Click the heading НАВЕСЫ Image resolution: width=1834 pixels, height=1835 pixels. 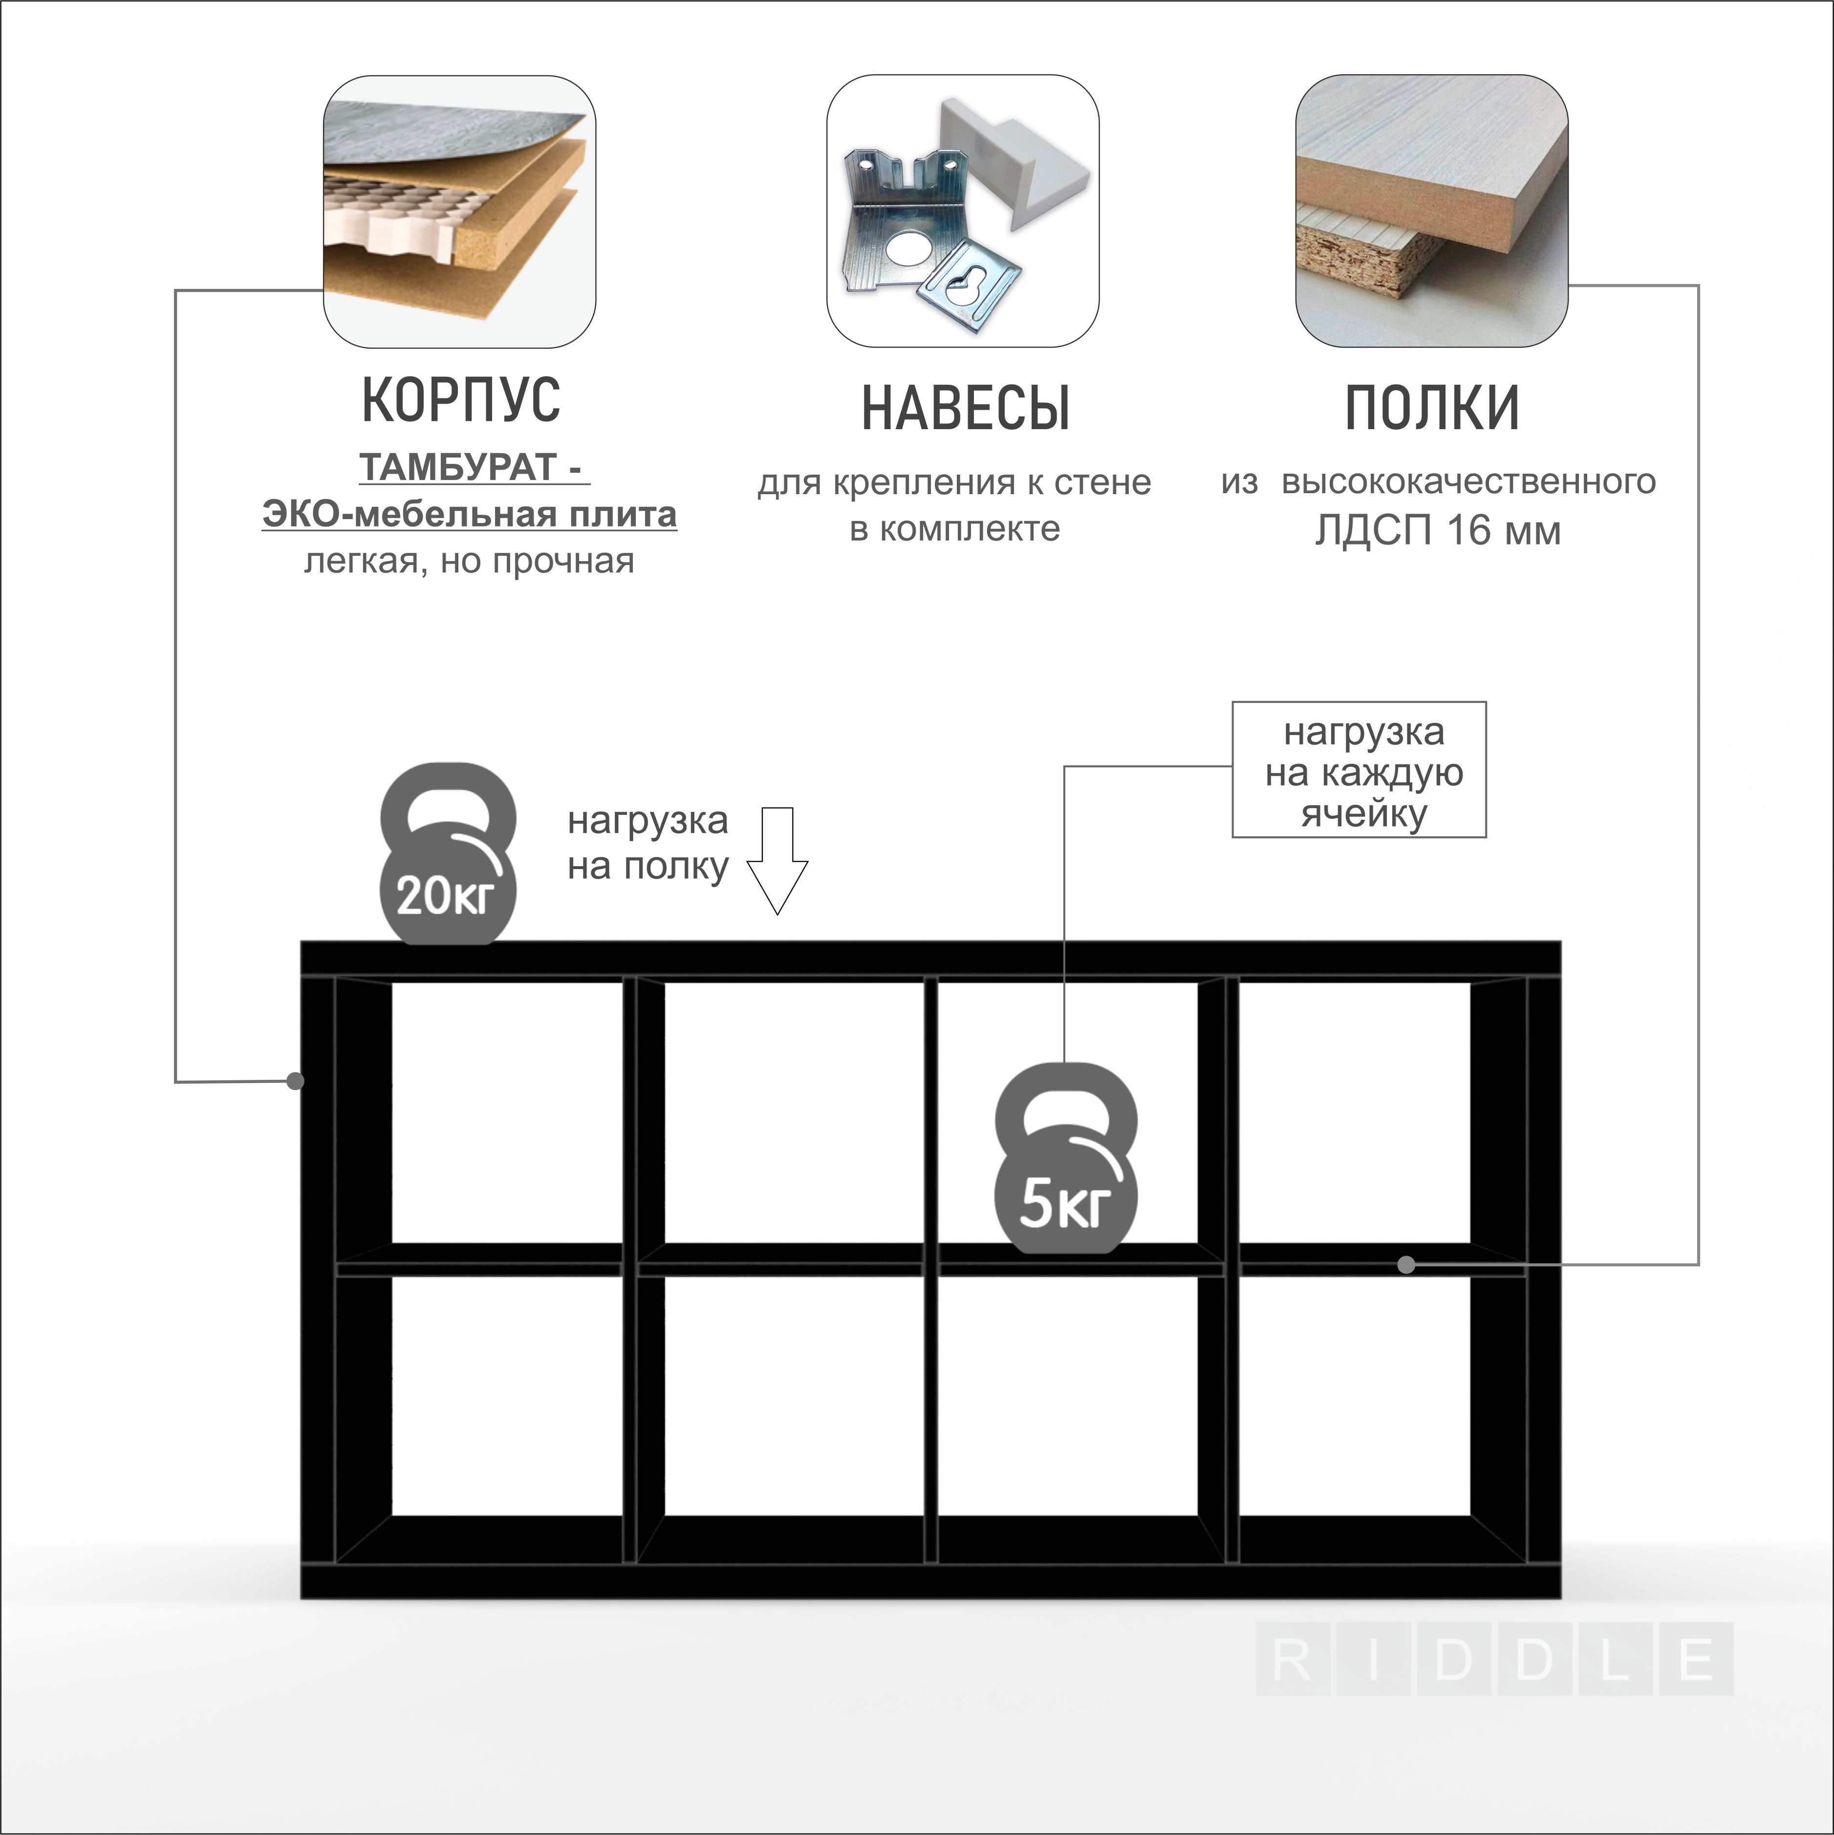tap(966, 409)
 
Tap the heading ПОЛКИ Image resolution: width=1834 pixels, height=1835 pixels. tap(1432, 409)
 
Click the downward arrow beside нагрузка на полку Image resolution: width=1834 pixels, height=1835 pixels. tap(777, 860)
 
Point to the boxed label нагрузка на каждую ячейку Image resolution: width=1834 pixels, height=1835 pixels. tap(1359, 770)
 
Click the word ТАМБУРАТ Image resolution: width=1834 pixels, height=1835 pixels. tap(458, 467)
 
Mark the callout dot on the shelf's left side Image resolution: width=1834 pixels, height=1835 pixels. tap(295, 1081)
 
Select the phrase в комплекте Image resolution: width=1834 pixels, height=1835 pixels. tap(954, 529)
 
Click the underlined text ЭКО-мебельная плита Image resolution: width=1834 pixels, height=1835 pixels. tap(469, 515)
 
